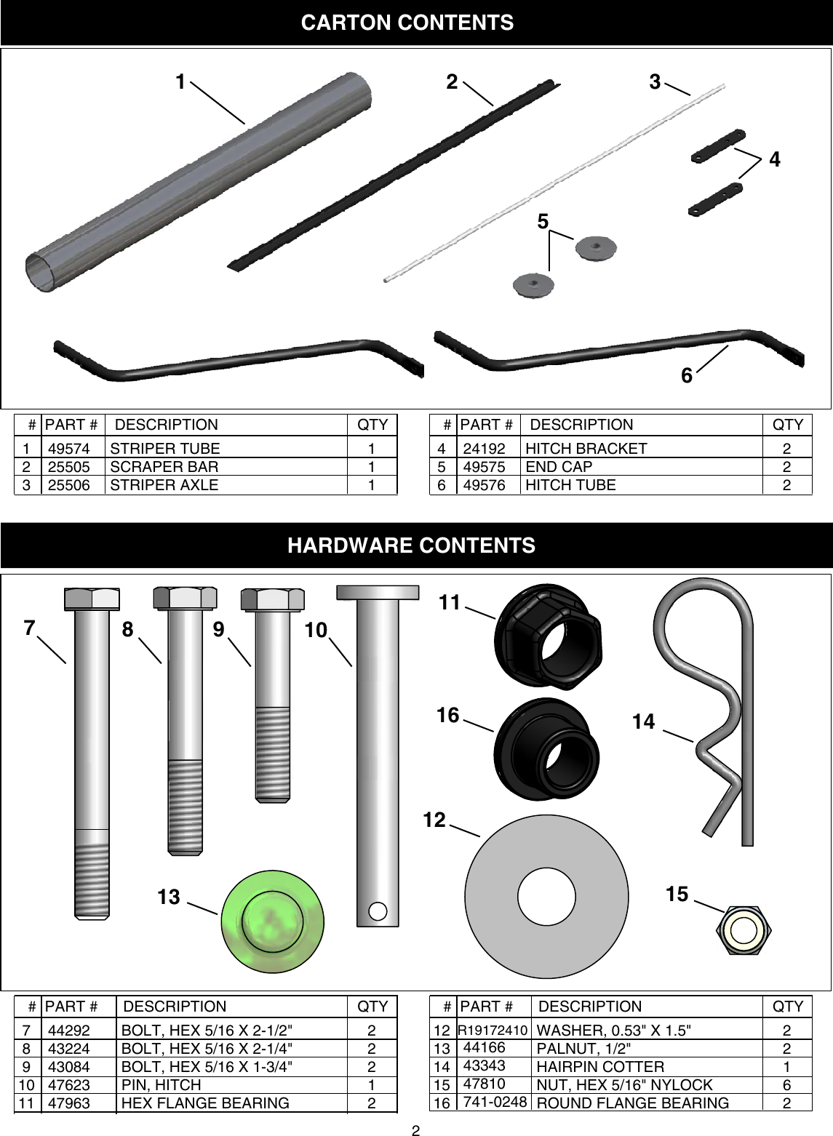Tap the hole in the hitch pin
pos(378,911)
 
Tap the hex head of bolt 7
pos(92,599)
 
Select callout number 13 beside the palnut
pos(169,897)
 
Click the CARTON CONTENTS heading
pos(407,23)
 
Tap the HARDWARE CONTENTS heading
pos(412,545)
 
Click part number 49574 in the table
pos(69,449)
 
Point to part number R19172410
pos(493,1031)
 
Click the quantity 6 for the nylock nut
pos(786,1084)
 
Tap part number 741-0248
pos(495,1101)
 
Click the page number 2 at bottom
pos(415,1129)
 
